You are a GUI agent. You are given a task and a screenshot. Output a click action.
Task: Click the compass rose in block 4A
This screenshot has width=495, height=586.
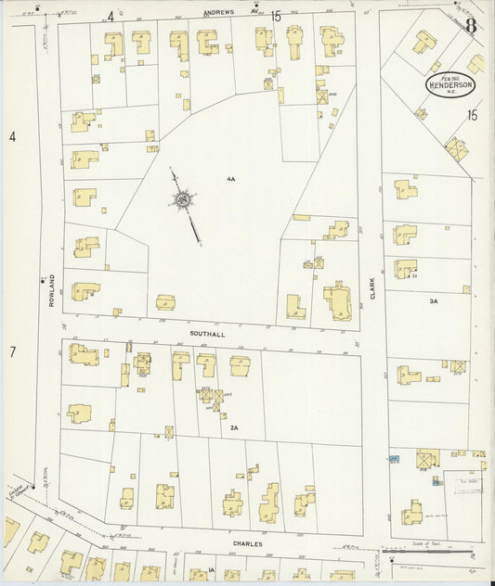(184, 200)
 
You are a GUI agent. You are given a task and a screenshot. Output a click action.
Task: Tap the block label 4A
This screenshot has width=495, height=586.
(229, 178)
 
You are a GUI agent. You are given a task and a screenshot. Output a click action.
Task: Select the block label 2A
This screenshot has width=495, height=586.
(234, 427)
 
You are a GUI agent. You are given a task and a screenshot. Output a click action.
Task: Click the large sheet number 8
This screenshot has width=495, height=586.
(471, 25)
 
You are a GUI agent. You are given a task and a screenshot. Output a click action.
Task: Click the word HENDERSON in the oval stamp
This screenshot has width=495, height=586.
(449, 84)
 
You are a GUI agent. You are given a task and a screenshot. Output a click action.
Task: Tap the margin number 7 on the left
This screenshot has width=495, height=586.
(13, 351)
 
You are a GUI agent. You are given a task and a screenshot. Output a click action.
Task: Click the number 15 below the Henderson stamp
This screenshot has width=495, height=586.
(472, 116)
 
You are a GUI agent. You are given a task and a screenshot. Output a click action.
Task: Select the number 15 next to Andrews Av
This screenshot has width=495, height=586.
(276, 16)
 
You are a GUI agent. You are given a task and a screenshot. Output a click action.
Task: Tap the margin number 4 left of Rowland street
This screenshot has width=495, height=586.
(13, 137)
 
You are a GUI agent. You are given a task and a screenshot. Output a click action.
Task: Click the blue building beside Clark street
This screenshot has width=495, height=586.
(394, 458)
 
